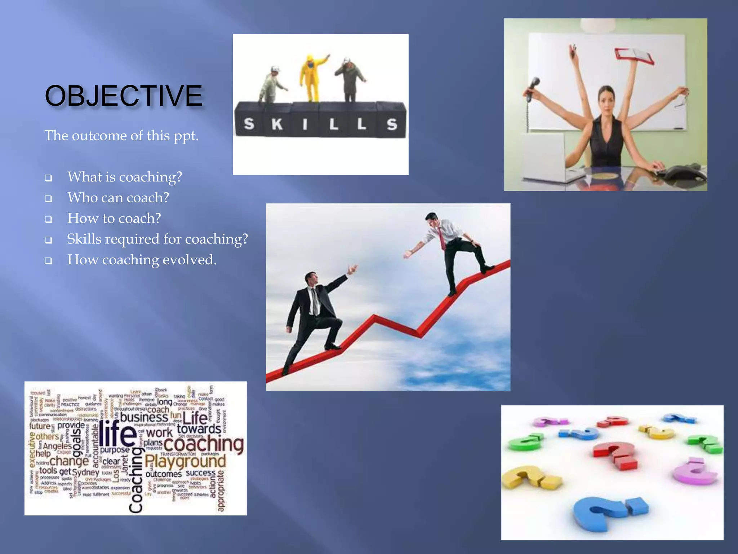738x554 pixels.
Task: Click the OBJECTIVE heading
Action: [x=123, y=96]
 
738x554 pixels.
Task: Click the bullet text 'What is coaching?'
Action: [x=125, y=177]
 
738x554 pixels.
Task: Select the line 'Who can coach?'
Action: [x=118, y=198]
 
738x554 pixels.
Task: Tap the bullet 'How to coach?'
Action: [x=114, y=218]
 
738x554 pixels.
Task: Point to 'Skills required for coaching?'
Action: [x=157, y=239]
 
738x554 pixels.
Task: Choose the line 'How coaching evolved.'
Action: [x=142, y=260]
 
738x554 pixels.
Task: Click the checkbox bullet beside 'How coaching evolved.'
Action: [x=48, y=261]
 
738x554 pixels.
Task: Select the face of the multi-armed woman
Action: [x=606, y=100]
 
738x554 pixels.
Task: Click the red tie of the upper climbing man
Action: [x=441, y=238]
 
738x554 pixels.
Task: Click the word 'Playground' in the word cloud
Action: [x=185, y=461]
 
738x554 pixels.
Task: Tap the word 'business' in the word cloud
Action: [x=144, y=417]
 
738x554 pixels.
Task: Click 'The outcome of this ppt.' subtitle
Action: [x=121, y=136]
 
